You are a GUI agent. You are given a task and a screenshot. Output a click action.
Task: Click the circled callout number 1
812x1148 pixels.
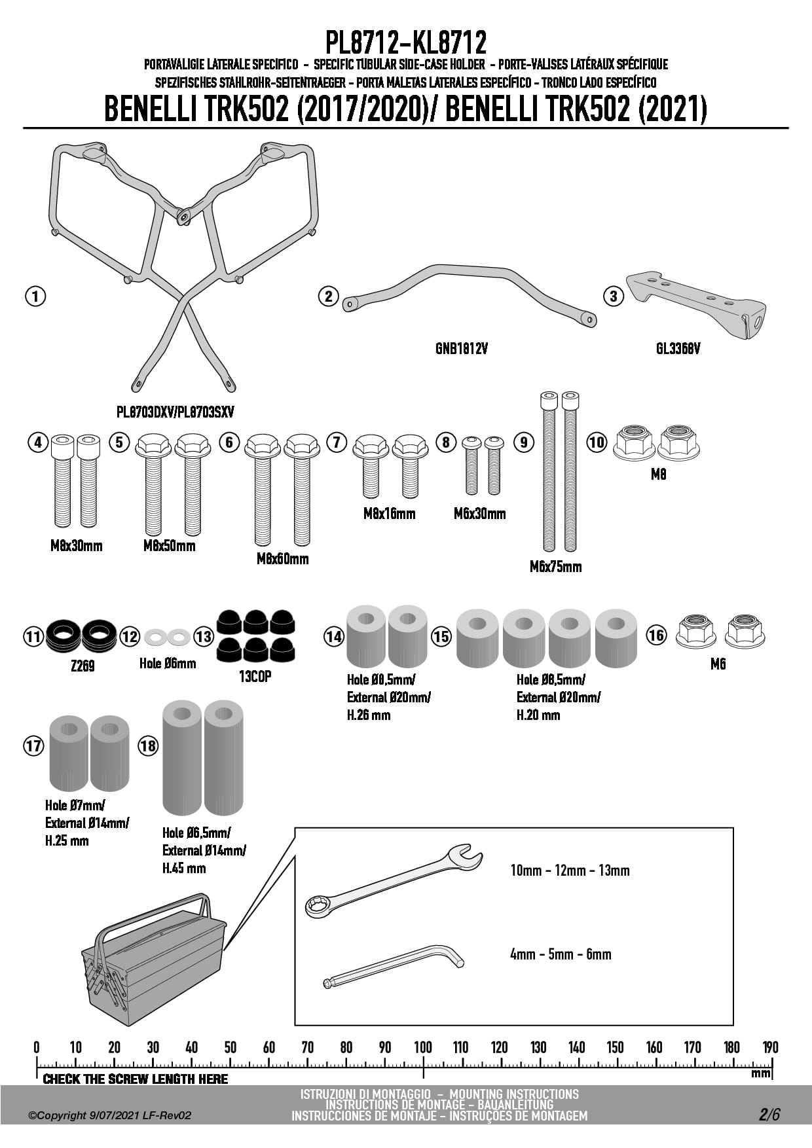click(x=35, y=296)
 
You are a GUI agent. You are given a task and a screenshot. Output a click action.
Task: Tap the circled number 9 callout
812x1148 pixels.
click(x=523, y=442)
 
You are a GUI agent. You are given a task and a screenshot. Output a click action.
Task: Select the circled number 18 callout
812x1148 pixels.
click(x=148, y=745)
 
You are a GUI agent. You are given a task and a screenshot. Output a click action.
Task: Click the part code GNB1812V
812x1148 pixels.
click(x=461, y=349)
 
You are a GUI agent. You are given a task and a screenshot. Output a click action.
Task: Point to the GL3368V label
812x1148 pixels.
click(x=678, y=349)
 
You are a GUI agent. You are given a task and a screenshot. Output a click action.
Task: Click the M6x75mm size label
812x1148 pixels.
click(x=555, y=567)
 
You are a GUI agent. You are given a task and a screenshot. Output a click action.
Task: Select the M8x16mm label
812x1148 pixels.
click(x=389, y=514)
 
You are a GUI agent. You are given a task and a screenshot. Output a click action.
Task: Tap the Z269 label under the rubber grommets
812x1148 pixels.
click(x=83, y=666)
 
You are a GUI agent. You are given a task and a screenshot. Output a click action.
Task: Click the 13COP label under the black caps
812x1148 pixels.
click(x=255, y=677)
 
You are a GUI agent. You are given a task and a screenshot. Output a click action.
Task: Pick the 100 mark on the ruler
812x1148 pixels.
click(x=423, y=1047)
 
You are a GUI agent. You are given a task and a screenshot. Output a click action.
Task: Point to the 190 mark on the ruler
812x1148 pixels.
click(x=770, y=1047)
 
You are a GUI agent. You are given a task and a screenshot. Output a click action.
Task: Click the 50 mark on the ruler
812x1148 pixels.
click(x=230, y=1047)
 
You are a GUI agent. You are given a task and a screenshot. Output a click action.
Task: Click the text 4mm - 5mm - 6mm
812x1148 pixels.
click(x=561, y=954)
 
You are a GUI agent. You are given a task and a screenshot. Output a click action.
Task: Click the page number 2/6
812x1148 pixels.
click(x=769, y=1115)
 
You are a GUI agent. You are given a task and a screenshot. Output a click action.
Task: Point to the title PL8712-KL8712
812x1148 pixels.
click(x=406, y=43)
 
